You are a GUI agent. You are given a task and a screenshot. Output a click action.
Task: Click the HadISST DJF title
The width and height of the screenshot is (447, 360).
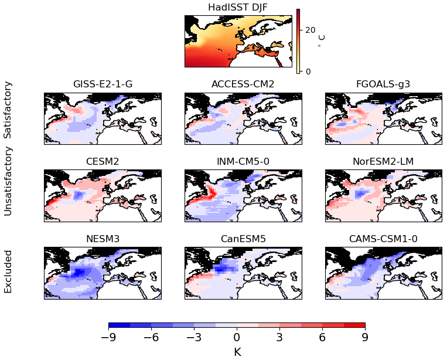[237, 7]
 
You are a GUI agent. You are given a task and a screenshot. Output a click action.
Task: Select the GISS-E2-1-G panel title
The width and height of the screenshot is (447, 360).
[103, 84]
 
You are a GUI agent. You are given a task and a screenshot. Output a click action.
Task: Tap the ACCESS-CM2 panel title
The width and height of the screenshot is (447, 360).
[243, 84]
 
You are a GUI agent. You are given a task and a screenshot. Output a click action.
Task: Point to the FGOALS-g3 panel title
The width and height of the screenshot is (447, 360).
[383, 84]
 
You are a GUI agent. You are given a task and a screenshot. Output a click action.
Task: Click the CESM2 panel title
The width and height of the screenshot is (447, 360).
[103, 161]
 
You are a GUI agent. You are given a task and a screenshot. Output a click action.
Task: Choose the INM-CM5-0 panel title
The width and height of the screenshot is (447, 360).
[243, 161]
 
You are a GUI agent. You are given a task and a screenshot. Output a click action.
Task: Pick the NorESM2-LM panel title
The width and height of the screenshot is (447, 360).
[383, 161]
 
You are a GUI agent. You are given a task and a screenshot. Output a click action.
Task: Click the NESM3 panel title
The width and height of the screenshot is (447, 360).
[103, 239]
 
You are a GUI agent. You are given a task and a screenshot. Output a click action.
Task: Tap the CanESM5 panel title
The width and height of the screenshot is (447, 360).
[243, 239]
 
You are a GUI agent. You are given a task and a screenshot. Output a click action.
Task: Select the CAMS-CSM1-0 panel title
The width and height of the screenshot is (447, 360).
[383, 239]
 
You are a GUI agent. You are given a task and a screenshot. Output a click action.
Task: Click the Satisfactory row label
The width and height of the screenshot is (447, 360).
[8, 110]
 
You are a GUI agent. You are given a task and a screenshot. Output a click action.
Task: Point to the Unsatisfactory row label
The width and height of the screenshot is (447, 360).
[8, 181]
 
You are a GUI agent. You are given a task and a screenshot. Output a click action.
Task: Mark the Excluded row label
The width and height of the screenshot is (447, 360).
[8, 271]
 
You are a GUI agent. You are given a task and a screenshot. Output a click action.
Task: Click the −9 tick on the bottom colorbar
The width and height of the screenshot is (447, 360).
[108, 338]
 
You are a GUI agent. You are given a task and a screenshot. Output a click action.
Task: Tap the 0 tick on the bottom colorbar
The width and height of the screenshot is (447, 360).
[237, 338]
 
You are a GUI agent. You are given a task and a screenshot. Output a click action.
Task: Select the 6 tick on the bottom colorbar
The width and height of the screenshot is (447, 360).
[322, 338]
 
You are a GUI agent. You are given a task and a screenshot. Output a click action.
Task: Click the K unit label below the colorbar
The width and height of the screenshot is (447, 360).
[237, 352]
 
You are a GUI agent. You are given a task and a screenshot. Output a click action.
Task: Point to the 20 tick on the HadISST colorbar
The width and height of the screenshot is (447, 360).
[310, 30]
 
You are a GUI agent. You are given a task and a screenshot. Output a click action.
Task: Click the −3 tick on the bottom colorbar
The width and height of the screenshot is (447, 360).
[194, 338]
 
